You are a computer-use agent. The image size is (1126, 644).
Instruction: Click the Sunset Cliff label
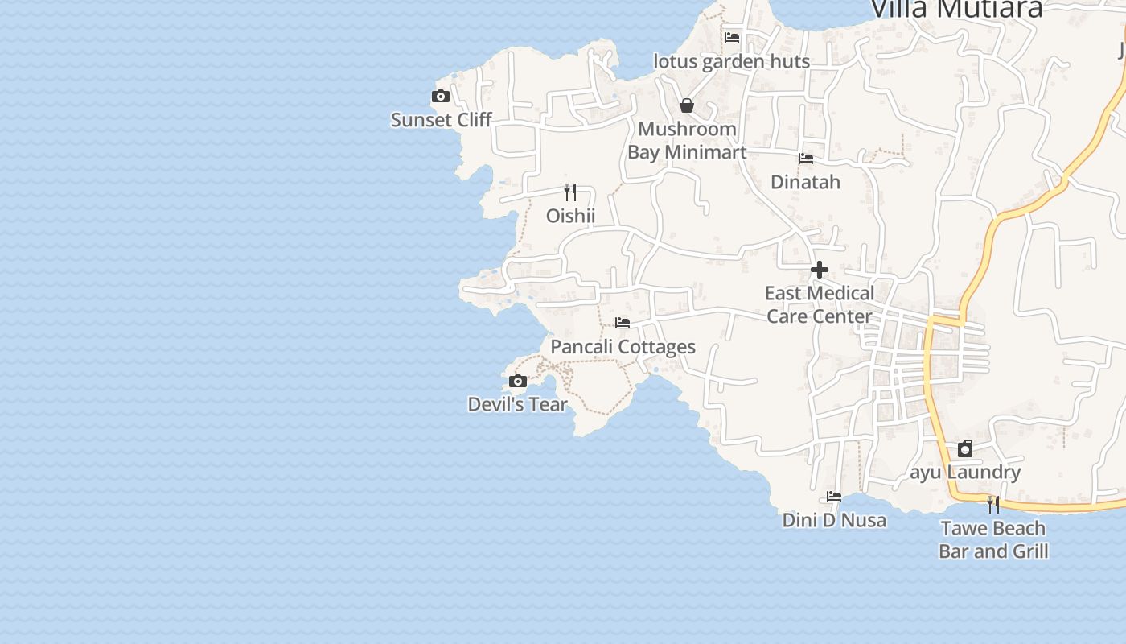(x=441, y=120)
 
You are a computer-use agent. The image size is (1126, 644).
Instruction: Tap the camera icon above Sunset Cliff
(x=441, y=97)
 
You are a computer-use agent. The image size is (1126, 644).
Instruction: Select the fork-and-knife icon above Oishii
(x=570, y=192)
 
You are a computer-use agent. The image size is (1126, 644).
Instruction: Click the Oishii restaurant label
(x=570, y=216)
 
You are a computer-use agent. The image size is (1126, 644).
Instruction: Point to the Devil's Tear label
(x=517, y=404)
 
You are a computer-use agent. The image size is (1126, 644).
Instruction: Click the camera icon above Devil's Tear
(x=518, y=381)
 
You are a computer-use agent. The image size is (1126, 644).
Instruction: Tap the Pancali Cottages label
(x=623, y=347)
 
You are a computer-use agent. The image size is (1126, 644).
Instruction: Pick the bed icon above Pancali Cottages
(x=623, y=323)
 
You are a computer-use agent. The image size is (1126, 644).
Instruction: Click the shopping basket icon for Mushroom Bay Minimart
(x=687, y=105)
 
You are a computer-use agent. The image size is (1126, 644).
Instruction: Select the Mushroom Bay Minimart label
(x=687, y=140)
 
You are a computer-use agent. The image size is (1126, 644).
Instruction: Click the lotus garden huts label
(x=731, y=61)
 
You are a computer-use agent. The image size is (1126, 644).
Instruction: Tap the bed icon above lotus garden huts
(x=732, y=37)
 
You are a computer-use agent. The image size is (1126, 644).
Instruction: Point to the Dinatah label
(x=805, y=182)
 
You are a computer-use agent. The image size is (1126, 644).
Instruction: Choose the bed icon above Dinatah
(x=806, y=159)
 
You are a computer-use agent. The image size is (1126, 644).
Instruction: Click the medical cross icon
(x=820, y=270)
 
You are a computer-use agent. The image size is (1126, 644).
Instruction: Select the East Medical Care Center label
(x=820, y=304)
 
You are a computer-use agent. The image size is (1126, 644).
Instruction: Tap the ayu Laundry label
(x=965, y=472)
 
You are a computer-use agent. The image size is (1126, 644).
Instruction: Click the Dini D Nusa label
(x=834, y=520)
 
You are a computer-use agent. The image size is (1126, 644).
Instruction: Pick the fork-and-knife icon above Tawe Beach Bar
(x=993, y=504)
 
